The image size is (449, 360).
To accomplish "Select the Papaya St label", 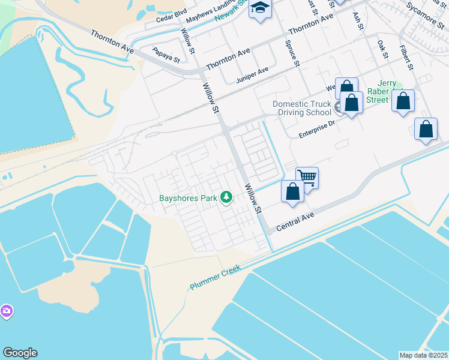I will (x=166, y=55).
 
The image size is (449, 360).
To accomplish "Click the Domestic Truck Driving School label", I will (x=302, y=108).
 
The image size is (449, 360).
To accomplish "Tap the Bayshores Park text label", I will (x=187, y=197).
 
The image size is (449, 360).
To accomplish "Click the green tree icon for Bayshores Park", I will (x=226, y=197).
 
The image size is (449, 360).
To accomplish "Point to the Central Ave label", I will (x=295, y=222).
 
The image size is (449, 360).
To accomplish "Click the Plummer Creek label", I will (x=215, y=277).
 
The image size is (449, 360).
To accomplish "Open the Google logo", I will (x=20, y=353).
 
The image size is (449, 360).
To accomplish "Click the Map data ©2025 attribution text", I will (x=424, y=355).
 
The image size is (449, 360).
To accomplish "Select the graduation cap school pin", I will (x=261, y=9).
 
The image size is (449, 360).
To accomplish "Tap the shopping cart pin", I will (x=307, y=176).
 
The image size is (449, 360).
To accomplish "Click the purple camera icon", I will (x=7, y=311).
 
